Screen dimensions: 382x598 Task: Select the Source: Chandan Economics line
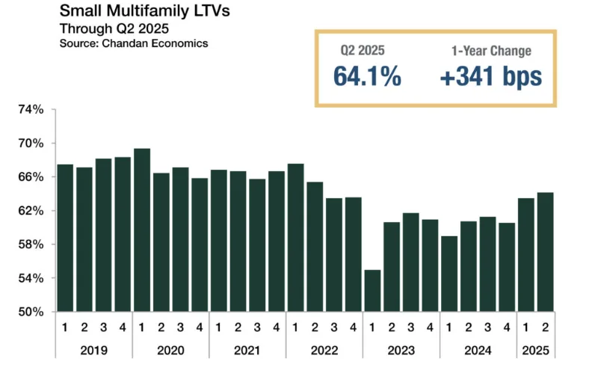(x=134, y=43)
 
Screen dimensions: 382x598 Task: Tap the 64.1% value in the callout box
(x=367, y=76)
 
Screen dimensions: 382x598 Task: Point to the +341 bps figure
(x=490, y=76)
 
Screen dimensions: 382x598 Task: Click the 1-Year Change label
(x=490, y=51)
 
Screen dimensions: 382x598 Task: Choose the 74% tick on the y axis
(x=31, y=109)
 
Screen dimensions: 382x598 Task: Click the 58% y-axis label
(x=31, y=244)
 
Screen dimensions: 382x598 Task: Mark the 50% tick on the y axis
(x=31, y=312)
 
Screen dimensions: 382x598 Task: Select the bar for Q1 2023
(x=372, y=291)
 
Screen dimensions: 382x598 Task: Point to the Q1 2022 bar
(x=295, y=237)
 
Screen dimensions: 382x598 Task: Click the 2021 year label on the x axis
(x=247, y=350)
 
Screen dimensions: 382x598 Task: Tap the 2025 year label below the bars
(x=535, y=350)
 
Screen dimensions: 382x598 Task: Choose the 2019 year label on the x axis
(x=93, y=350)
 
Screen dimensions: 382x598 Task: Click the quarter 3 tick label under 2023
(x=410, y=327)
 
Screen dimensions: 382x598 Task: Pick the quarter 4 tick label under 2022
(x=353, y=327)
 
